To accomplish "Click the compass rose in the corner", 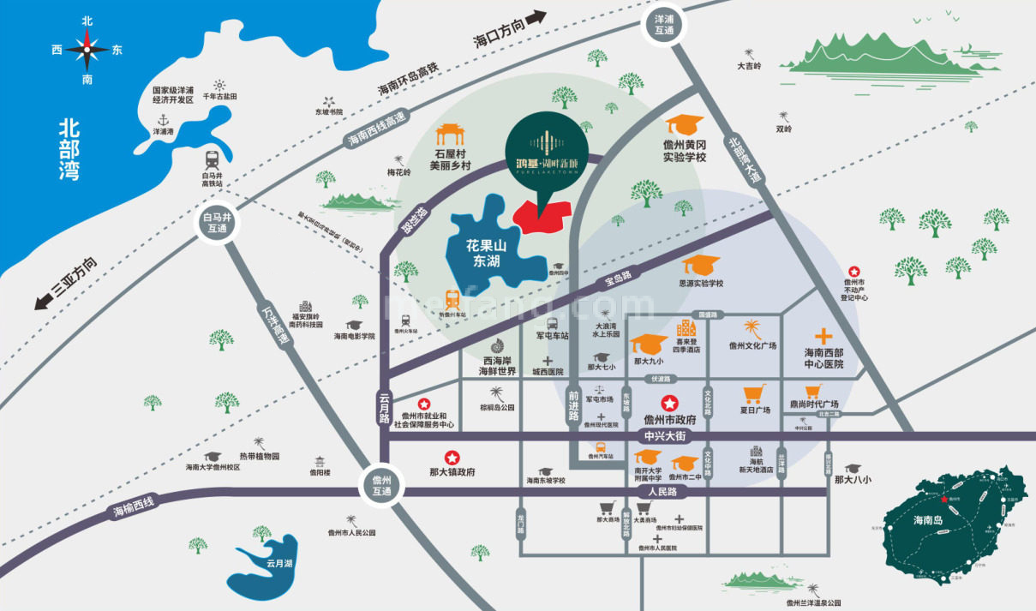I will click(x=87, y=49).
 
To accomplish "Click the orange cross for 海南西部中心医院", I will click(x=823, y=336).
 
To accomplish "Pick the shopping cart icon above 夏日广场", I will click(x=754, y=394).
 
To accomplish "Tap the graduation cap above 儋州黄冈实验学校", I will click(x=684, y=125).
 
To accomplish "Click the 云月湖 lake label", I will click(x=279, y=563).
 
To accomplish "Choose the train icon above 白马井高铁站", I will click(x=211, y=159).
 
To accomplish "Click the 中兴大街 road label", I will click(x=665, y=436).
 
